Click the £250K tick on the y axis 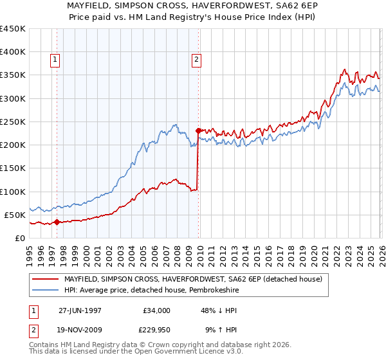click(x=13, y=122)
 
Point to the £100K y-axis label click(x=13, y=192)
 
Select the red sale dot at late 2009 click(x=198, y=130)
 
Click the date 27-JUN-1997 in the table click(x=80, y=310)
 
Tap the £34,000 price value click(x=156, y=310)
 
